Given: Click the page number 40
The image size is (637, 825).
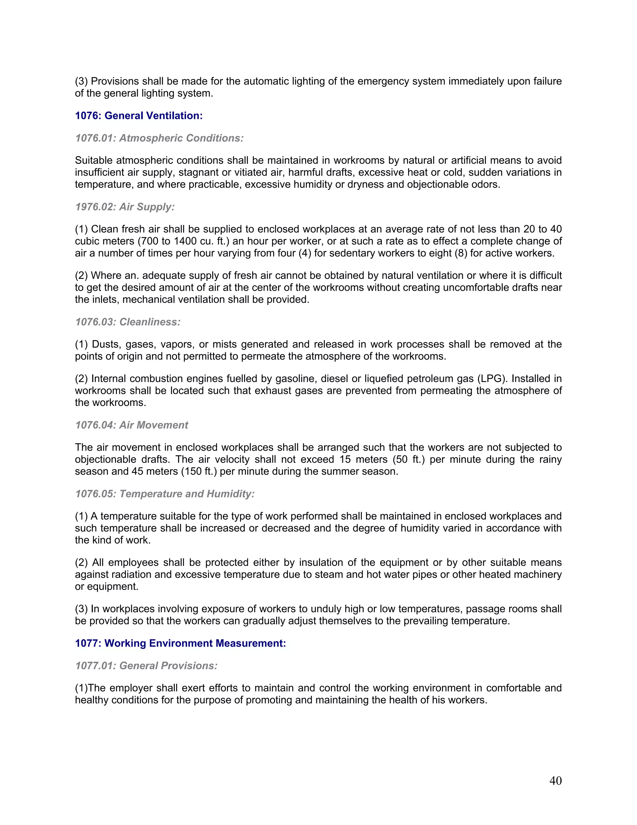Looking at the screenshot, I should click(x=556, y=780).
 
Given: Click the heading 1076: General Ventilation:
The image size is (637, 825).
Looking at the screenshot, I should click(x=138, y=115).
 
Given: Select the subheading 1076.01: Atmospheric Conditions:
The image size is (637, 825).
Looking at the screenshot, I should click(x=159, y=138).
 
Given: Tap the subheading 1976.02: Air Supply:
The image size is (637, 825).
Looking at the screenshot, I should click(x=125, y=207).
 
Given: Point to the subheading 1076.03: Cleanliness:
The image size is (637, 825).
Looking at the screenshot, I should click(x=128, y=322).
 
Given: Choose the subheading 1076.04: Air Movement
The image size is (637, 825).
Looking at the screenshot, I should click(x=131, y=425).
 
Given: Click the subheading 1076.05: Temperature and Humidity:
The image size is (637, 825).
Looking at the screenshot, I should click(x=165, y=494).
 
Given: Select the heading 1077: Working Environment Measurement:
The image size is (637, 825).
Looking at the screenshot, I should click(x=180, y=643).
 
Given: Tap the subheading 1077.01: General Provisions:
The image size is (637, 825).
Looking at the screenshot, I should click(x=146, y=666).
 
